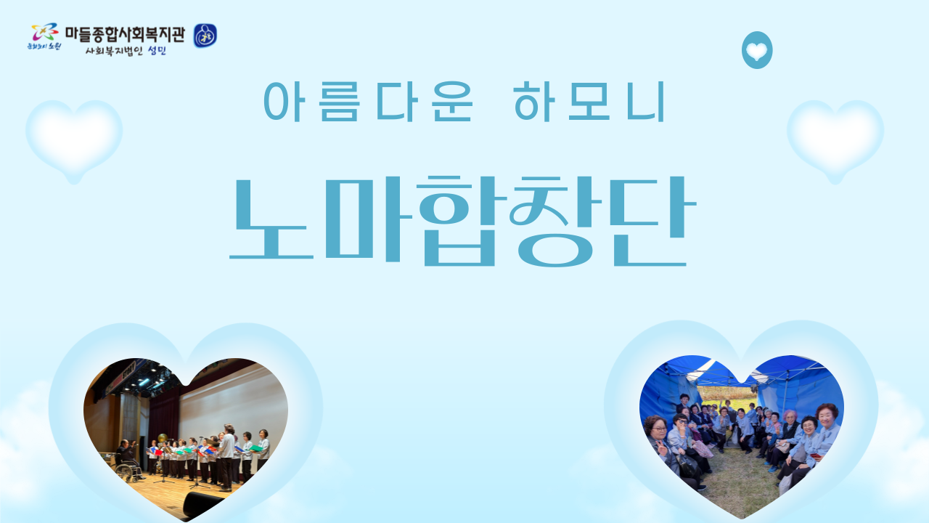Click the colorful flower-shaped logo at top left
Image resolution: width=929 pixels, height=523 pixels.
click(45, 32)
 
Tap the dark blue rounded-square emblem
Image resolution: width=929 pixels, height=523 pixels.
click(205, 36)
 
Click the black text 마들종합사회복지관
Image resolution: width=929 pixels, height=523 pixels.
click(125, 34)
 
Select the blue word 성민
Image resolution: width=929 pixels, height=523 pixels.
click(157, 51)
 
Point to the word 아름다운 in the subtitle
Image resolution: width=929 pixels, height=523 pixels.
click(368, 102)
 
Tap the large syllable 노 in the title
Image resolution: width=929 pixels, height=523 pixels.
click(271, 219)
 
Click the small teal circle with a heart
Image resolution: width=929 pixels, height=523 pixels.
click(757, 50)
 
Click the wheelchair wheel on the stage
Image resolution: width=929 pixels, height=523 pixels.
click(127, 471)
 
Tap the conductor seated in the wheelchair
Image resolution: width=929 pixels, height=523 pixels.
click(126, 454)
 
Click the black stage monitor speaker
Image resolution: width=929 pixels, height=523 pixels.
click(202, 503)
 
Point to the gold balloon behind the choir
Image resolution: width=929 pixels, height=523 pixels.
click(163, 438)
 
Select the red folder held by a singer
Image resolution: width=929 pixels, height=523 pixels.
click(157, 452)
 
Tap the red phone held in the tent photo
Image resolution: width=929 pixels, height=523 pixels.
click(817, 455)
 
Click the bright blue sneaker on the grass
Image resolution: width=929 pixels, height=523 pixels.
click(772, 469)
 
